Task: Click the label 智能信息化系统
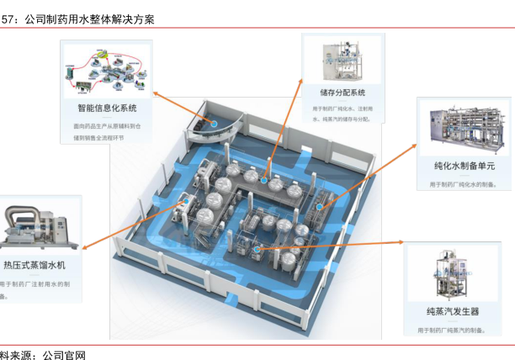pos(107,108)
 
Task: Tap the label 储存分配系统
pos(342,93)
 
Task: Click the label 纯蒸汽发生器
pos(452,311)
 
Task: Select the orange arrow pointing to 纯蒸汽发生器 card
pos(337,245)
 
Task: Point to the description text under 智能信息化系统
pos(107,131)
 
